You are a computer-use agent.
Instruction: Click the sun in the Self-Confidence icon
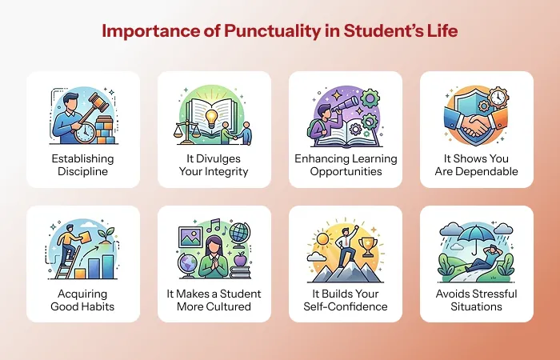tap(322, 239)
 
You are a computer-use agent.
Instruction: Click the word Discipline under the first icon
tap(83, 171)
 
